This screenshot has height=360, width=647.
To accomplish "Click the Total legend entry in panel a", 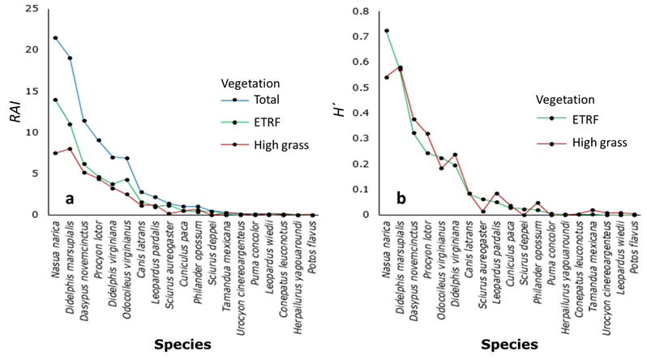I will (x=265, y=101).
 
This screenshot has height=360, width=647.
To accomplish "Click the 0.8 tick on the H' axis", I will (x=358, y=11).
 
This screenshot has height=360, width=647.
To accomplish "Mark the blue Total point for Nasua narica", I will (x=55, y=37).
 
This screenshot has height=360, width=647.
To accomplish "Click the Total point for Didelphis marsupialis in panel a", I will (x=70, y=58).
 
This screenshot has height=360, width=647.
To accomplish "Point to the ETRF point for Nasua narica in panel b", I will (x=387, y=31).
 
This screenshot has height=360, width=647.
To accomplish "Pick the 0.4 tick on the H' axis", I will (x=358, y=113).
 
